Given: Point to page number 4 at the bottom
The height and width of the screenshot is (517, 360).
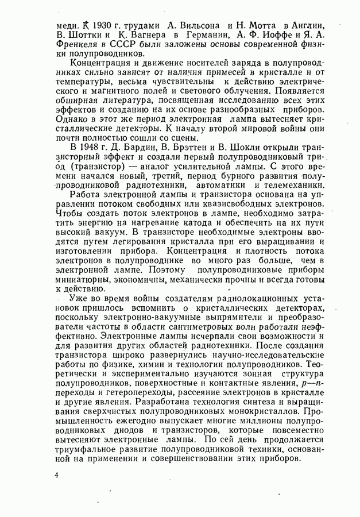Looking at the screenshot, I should coord(57,476).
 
